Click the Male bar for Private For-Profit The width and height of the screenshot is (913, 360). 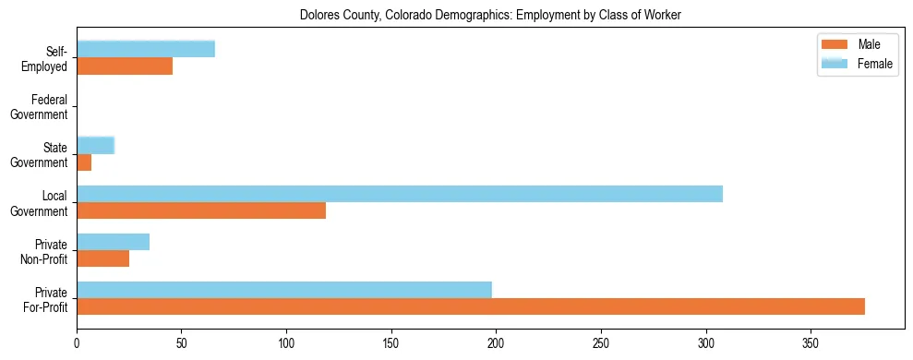point(471,306)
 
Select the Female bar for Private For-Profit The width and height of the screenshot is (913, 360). point(284,290)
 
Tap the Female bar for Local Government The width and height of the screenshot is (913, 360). point(400,194)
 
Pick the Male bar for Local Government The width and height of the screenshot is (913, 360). point(201,210)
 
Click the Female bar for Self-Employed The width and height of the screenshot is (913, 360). point(146,49)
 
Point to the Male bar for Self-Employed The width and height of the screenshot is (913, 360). point(125,66)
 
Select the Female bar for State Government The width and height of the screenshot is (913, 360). point(95,145)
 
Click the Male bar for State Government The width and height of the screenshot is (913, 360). point(84,162)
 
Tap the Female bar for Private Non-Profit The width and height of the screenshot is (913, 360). point(113,242)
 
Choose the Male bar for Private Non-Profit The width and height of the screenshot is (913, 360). point(103,258)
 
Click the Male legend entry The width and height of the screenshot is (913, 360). point(855,44)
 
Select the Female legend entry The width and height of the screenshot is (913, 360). point(855,63)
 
